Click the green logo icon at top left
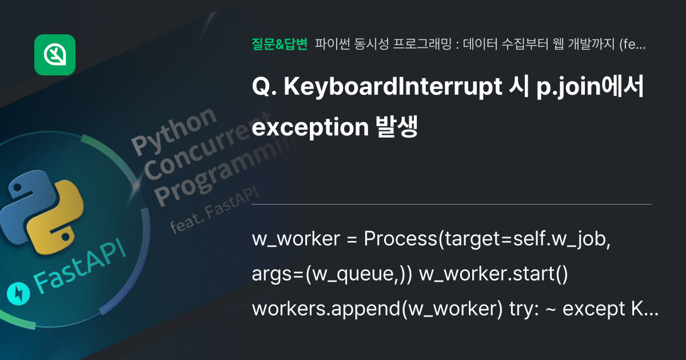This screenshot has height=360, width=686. tap(55, 55)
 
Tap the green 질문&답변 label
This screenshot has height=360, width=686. tap(280, 43)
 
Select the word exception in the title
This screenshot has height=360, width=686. tap(309, 128)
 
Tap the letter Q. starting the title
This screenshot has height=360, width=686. tap(264, 87)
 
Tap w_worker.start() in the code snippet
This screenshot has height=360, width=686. tap(493, 274)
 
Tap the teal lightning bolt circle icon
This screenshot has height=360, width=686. tap(18, 294)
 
